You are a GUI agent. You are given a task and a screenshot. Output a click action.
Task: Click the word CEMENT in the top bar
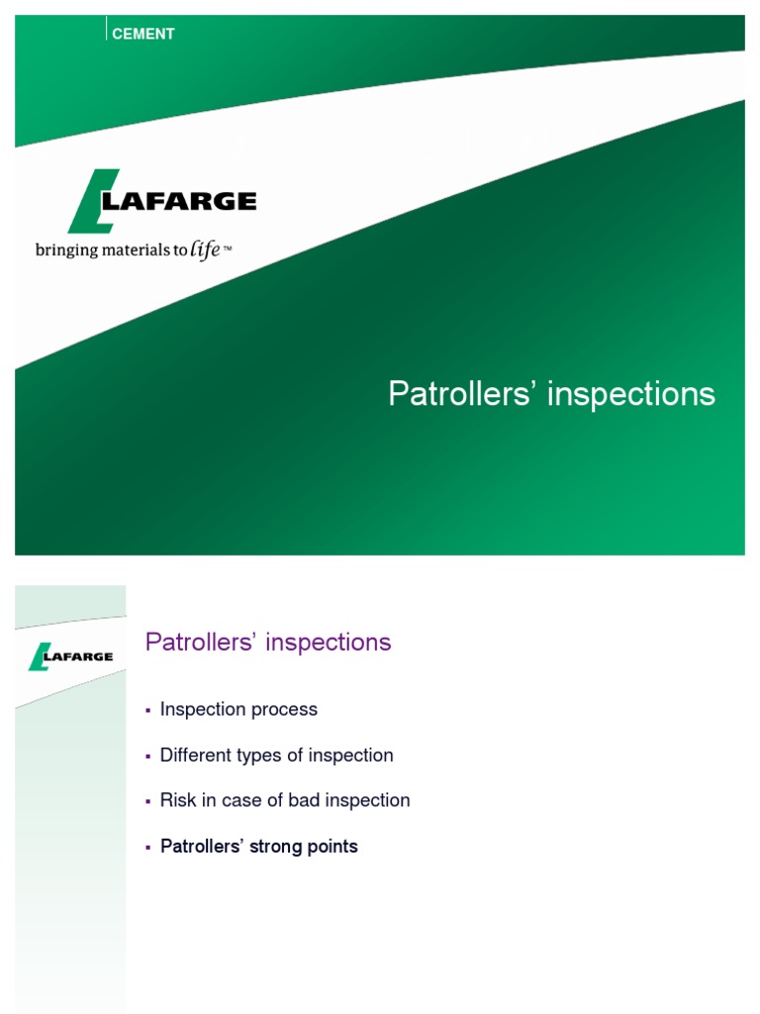click(143, 34)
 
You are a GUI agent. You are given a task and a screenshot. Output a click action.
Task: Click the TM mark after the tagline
click(228, 249)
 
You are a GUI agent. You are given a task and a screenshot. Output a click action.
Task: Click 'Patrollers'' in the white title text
click(462, 394)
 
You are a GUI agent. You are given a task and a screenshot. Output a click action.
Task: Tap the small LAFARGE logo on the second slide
click(70, 656)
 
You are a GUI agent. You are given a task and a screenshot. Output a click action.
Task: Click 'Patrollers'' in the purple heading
click(203, 642)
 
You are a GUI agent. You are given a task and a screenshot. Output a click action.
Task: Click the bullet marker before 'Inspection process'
click(148, 710)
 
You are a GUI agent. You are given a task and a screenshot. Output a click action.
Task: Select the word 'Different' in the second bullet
click(195, 755)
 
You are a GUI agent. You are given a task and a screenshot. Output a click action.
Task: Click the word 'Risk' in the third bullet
click(176, 800)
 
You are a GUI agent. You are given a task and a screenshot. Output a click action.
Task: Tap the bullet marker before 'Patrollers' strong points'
click(148, 848)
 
